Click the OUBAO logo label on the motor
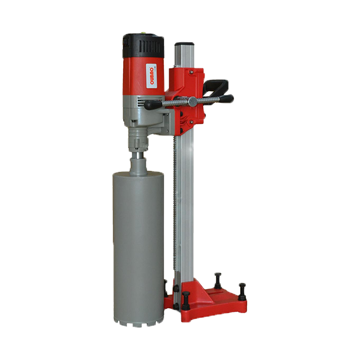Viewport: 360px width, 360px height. pos(151,76)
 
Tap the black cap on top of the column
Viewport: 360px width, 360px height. pos(183,44)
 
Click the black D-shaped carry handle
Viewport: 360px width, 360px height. pos(216,87)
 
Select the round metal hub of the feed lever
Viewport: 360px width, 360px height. pos(192,101)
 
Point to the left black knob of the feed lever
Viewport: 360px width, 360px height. pos(152,105)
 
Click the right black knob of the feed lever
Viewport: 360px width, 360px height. pos(226,98)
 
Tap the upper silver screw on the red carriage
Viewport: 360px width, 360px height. pos(191,72)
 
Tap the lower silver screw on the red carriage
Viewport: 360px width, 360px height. pos(190,123)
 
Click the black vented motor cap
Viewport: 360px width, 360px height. pos(143,46)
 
